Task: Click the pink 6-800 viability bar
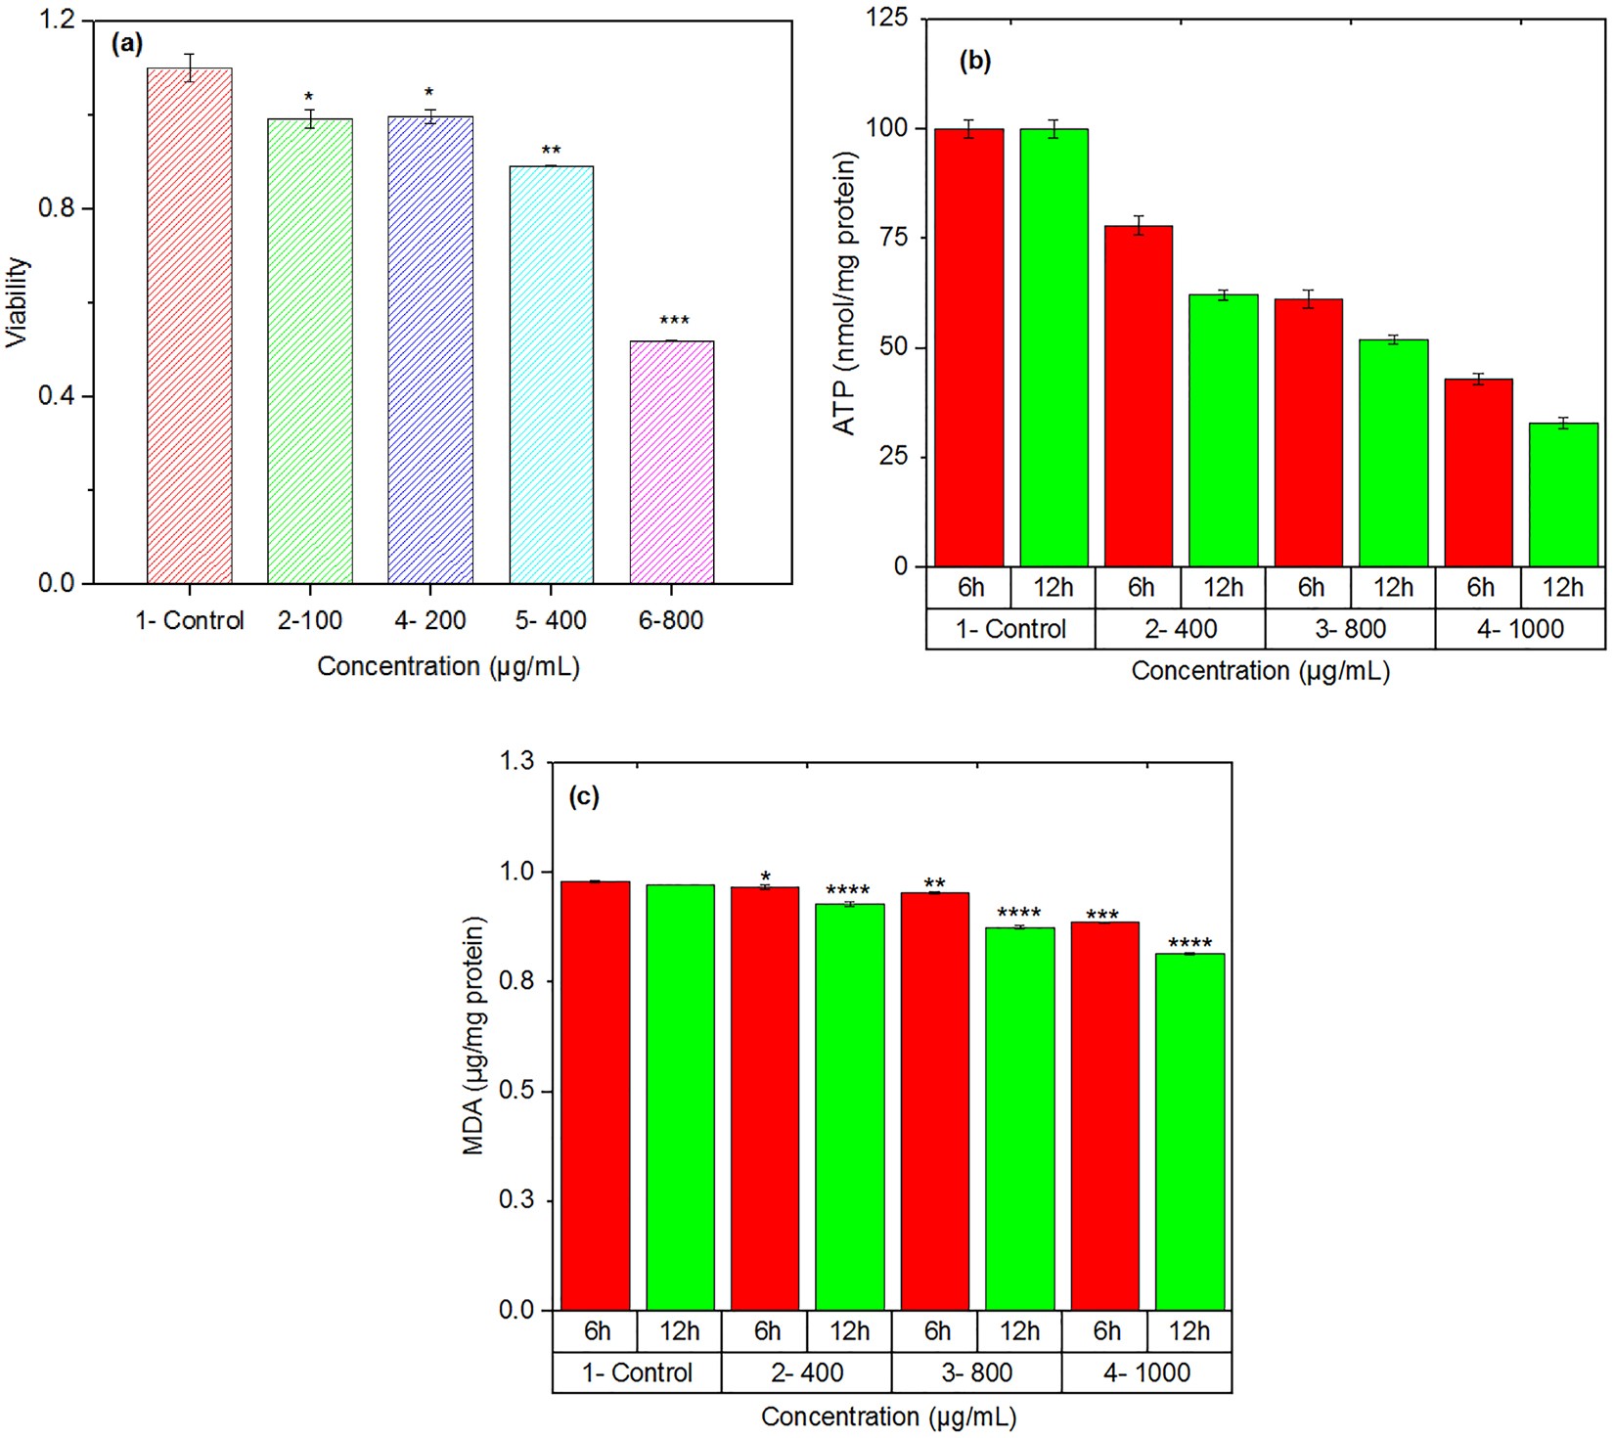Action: point(671,462)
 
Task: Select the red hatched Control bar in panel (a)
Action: point(189,326)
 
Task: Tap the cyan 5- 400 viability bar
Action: point(551,375)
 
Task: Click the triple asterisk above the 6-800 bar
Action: point(674,321)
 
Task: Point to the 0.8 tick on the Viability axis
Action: point(57,208)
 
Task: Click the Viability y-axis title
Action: point(18,302)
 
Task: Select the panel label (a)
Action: point(127,43)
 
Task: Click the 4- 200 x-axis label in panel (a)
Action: point(430,620)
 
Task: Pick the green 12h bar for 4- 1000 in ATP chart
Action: point(1563,494)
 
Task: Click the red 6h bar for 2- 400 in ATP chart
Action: point(1139,395)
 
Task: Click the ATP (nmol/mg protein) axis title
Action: point(844,292)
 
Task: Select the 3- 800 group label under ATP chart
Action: point(1350,629)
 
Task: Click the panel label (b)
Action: point(974,61)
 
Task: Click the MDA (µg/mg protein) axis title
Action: point(474,1035)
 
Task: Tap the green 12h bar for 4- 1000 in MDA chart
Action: point(1189,1131)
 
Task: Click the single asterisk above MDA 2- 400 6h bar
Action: point(765,876)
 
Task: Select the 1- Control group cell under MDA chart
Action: point(637,1372)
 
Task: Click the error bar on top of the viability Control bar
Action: point(190,67)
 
